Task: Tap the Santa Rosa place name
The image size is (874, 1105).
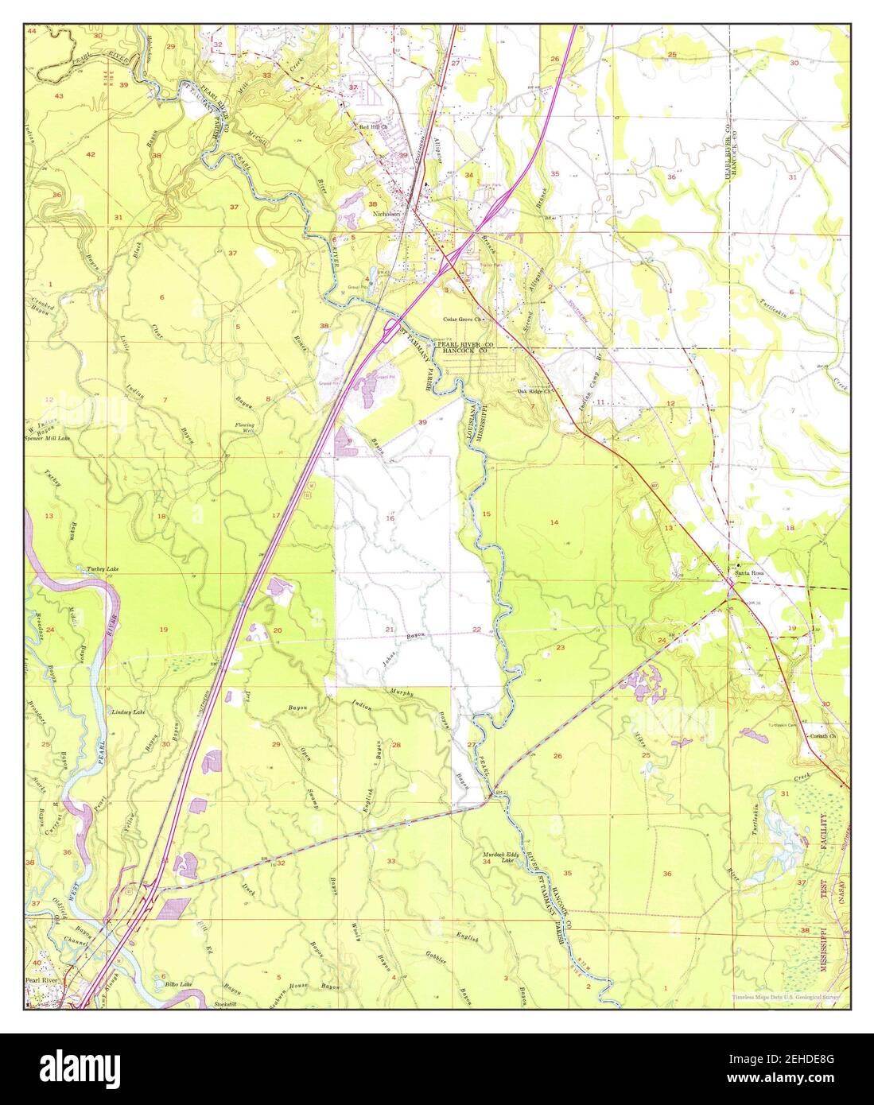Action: pyautogui.click(x=749, y=572)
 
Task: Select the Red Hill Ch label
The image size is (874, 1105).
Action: pyautogui.click(x=372, y=126)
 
